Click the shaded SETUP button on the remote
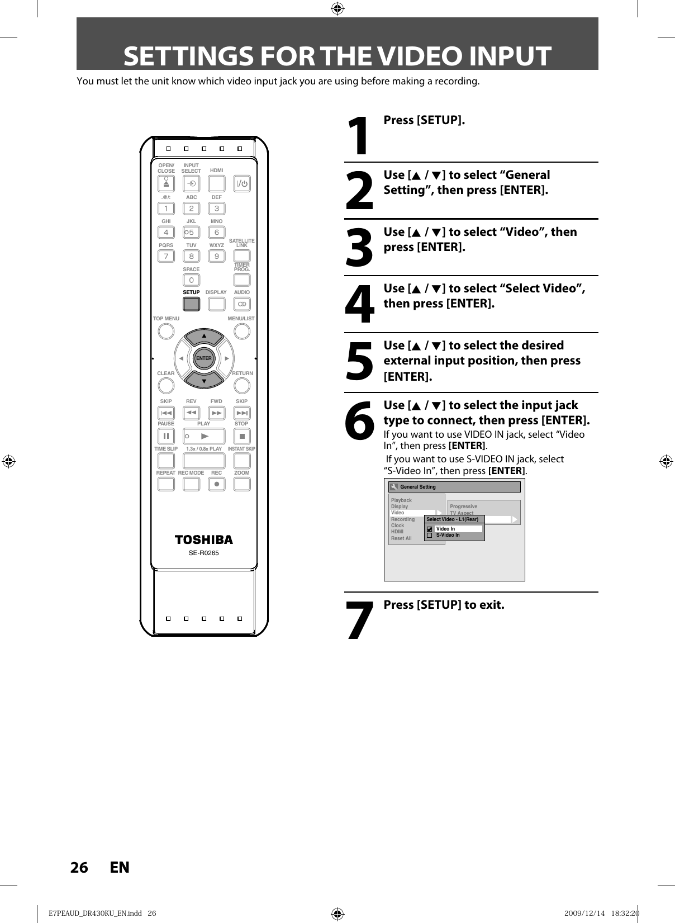point(191,304)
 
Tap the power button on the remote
point(242,184)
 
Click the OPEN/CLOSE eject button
point(166,184)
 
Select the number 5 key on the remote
point(191,232)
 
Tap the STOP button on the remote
point(242,436)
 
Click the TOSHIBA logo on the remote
point(204,539)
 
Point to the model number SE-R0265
point(204,553)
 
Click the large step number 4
point(359,305)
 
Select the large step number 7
point(359,621)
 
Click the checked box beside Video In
point(429,529)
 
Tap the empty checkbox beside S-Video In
point(429,535)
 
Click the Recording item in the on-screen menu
point(403,519)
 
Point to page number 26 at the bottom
point(79,867)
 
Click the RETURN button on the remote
point(242,385)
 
